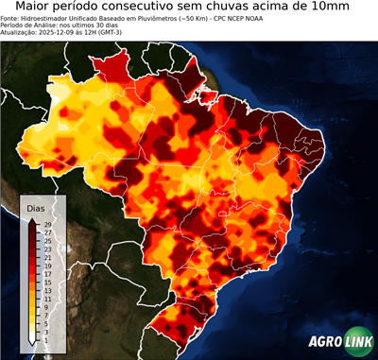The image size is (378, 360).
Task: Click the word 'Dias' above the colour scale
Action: (x=35, y=207)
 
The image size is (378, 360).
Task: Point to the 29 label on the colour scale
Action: (x=47, y=225)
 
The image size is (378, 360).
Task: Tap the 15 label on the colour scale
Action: (x=47, y=282)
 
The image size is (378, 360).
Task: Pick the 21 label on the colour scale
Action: (x=47, y=257)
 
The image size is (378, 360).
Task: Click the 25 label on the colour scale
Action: (x=47, y=241)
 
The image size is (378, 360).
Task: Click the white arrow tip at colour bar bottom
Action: (x=32, y=341)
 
